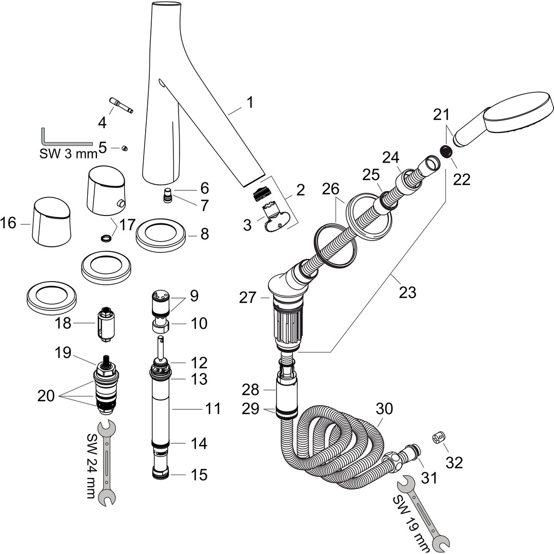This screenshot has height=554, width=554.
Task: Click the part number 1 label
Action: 249,103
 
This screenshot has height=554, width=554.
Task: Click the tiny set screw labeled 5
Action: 124,148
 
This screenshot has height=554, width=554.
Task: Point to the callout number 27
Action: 248,297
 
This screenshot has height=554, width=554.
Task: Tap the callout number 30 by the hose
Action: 384,409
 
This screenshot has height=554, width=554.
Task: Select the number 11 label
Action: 213,409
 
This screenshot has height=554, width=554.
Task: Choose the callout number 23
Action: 408,292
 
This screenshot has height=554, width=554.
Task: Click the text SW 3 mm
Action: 68,153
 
